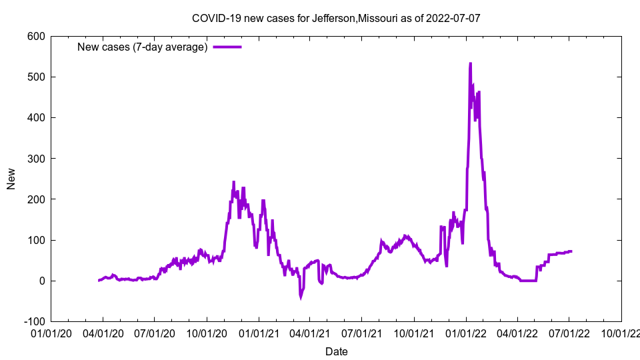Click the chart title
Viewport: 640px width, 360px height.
(x=336, y=18)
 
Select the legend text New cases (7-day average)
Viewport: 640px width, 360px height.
(x=143, y=47)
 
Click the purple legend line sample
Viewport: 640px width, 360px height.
(x=227, y=47)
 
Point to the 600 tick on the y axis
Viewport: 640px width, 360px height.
(x=36, y=36)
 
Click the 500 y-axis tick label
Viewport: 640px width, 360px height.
(x=36, y=77)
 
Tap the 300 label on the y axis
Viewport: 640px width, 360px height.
(x=36, y=159)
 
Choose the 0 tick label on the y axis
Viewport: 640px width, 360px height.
(x=42, y=281)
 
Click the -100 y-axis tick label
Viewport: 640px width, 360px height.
(x=33, y=321)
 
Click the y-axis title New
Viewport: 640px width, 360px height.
(x=11, y=179)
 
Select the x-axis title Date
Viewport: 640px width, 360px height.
(x=336, y=351)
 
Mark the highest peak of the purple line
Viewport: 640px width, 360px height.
(x=470, y=64)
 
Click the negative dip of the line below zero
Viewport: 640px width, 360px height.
(x=301, y=297)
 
